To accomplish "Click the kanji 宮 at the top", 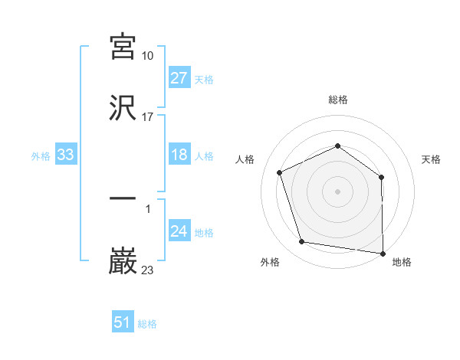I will (123, 46).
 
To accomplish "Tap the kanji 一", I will (123, 199).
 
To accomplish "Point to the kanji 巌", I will (123, 261).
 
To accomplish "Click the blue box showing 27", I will (179, 78).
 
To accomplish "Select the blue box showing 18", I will (179, 155).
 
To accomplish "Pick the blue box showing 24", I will (179, 232).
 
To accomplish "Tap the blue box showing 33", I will (65, 155).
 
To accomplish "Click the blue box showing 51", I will (123, 322).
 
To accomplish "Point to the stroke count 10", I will (148, 55).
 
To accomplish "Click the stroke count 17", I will (148, 117).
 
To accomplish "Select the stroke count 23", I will (148, 270).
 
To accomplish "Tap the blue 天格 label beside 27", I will (204, 79).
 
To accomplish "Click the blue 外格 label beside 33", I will (41, 156).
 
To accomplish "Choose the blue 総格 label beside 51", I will (147, 323).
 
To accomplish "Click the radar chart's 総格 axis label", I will (338, 100).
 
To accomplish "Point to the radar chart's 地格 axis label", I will (402, 263).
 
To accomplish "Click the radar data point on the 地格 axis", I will (383, 252).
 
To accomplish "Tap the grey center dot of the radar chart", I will (338, 191).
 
